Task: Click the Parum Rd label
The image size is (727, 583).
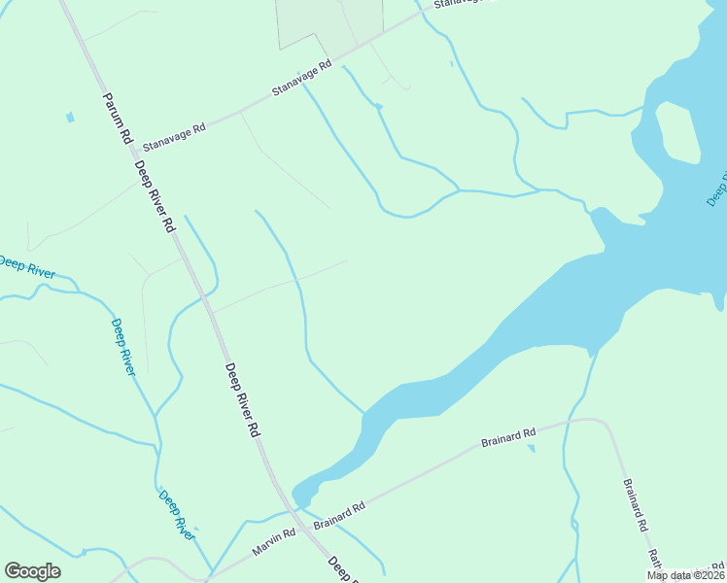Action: click(115, 119)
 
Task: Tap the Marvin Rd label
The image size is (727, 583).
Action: click(275, 542)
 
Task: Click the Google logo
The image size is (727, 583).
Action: click(32, 571)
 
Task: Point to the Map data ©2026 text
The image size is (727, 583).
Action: click(686, 575)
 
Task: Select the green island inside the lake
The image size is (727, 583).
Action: click(677, 131)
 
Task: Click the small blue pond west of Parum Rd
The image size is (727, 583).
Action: click(69, 118)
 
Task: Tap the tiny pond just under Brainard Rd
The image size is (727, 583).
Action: click(530, 448)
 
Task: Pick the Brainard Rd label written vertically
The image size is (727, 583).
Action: click(635, 503)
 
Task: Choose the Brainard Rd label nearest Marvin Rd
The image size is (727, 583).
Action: click(339, 516)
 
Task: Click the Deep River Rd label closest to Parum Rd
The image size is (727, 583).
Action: click(156, 197)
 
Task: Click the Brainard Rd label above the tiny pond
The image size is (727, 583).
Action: click(508, 438)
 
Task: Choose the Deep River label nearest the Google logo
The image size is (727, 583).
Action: click(177, 514)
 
